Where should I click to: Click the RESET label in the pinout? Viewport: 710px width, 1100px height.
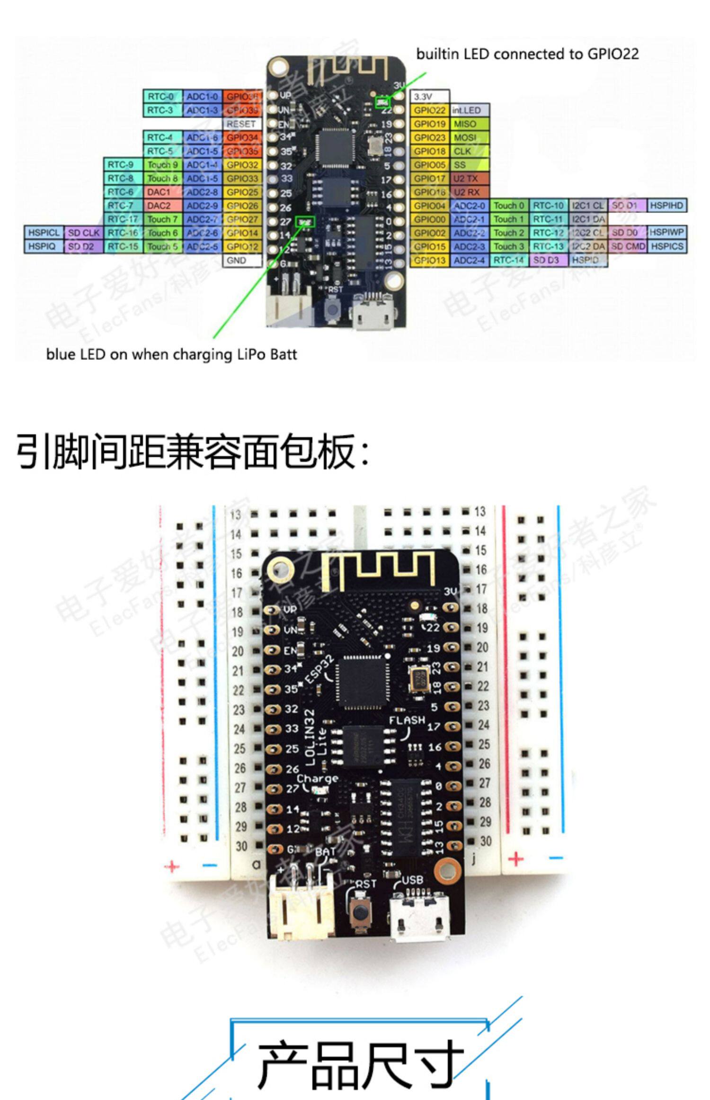[241, 124]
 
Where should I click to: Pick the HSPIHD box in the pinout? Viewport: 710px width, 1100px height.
[666, 206]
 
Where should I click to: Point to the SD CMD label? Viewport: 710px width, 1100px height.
[628, 246]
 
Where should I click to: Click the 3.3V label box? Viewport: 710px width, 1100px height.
[429, 97]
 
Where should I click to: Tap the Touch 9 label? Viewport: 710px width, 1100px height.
[162, 165]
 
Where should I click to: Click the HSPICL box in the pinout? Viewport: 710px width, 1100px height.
[44, 233]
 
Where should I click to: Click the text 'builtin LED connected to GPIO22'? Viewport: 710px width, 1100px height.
[527, 54]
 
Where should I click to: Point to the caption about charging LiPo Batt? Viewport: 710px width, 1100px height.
[171, 354]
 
